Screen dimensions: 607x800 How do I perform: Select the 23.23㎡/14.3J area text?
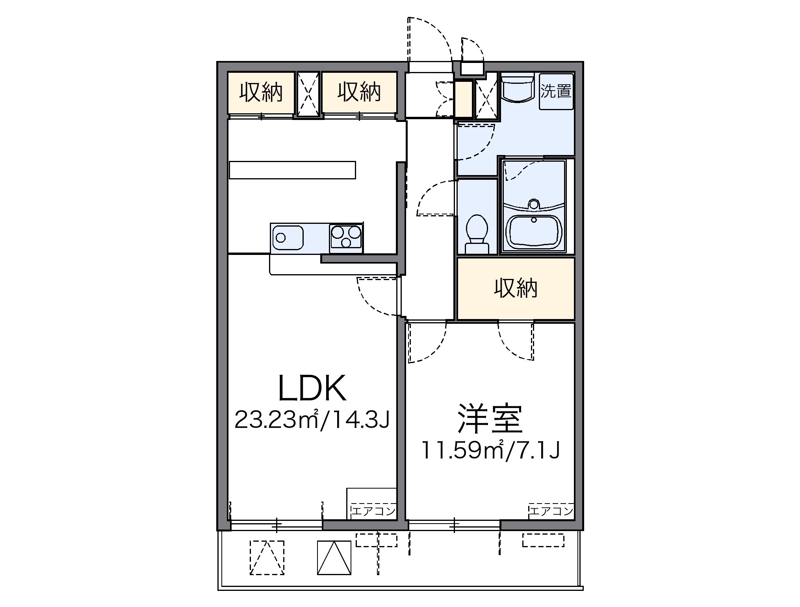tap(312, 420)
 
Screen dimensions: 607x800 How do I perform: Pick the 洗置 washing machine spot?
tap(556, 91)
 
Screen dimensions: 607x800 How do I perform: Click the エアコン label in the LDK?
tap(373, 511)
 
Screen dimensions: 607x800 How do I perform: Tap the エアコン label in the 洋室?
tap(551, 511)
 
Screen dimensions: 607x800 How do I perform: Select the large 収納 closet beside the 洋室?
tap(515, 289)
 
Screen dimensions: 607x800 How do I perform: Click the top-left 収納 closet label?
tap(261, 93)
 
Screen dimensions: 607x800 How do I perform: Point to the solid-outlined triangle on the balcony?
tap(334, 558)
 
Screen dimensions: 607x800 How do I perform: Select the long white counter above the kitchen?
tap(292, 170)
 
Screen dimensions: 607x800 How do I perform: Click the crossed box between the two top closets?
tap(308, 94)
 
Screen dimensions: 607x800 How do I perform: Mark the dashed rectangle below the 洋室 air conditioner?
tap(543, 540)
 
